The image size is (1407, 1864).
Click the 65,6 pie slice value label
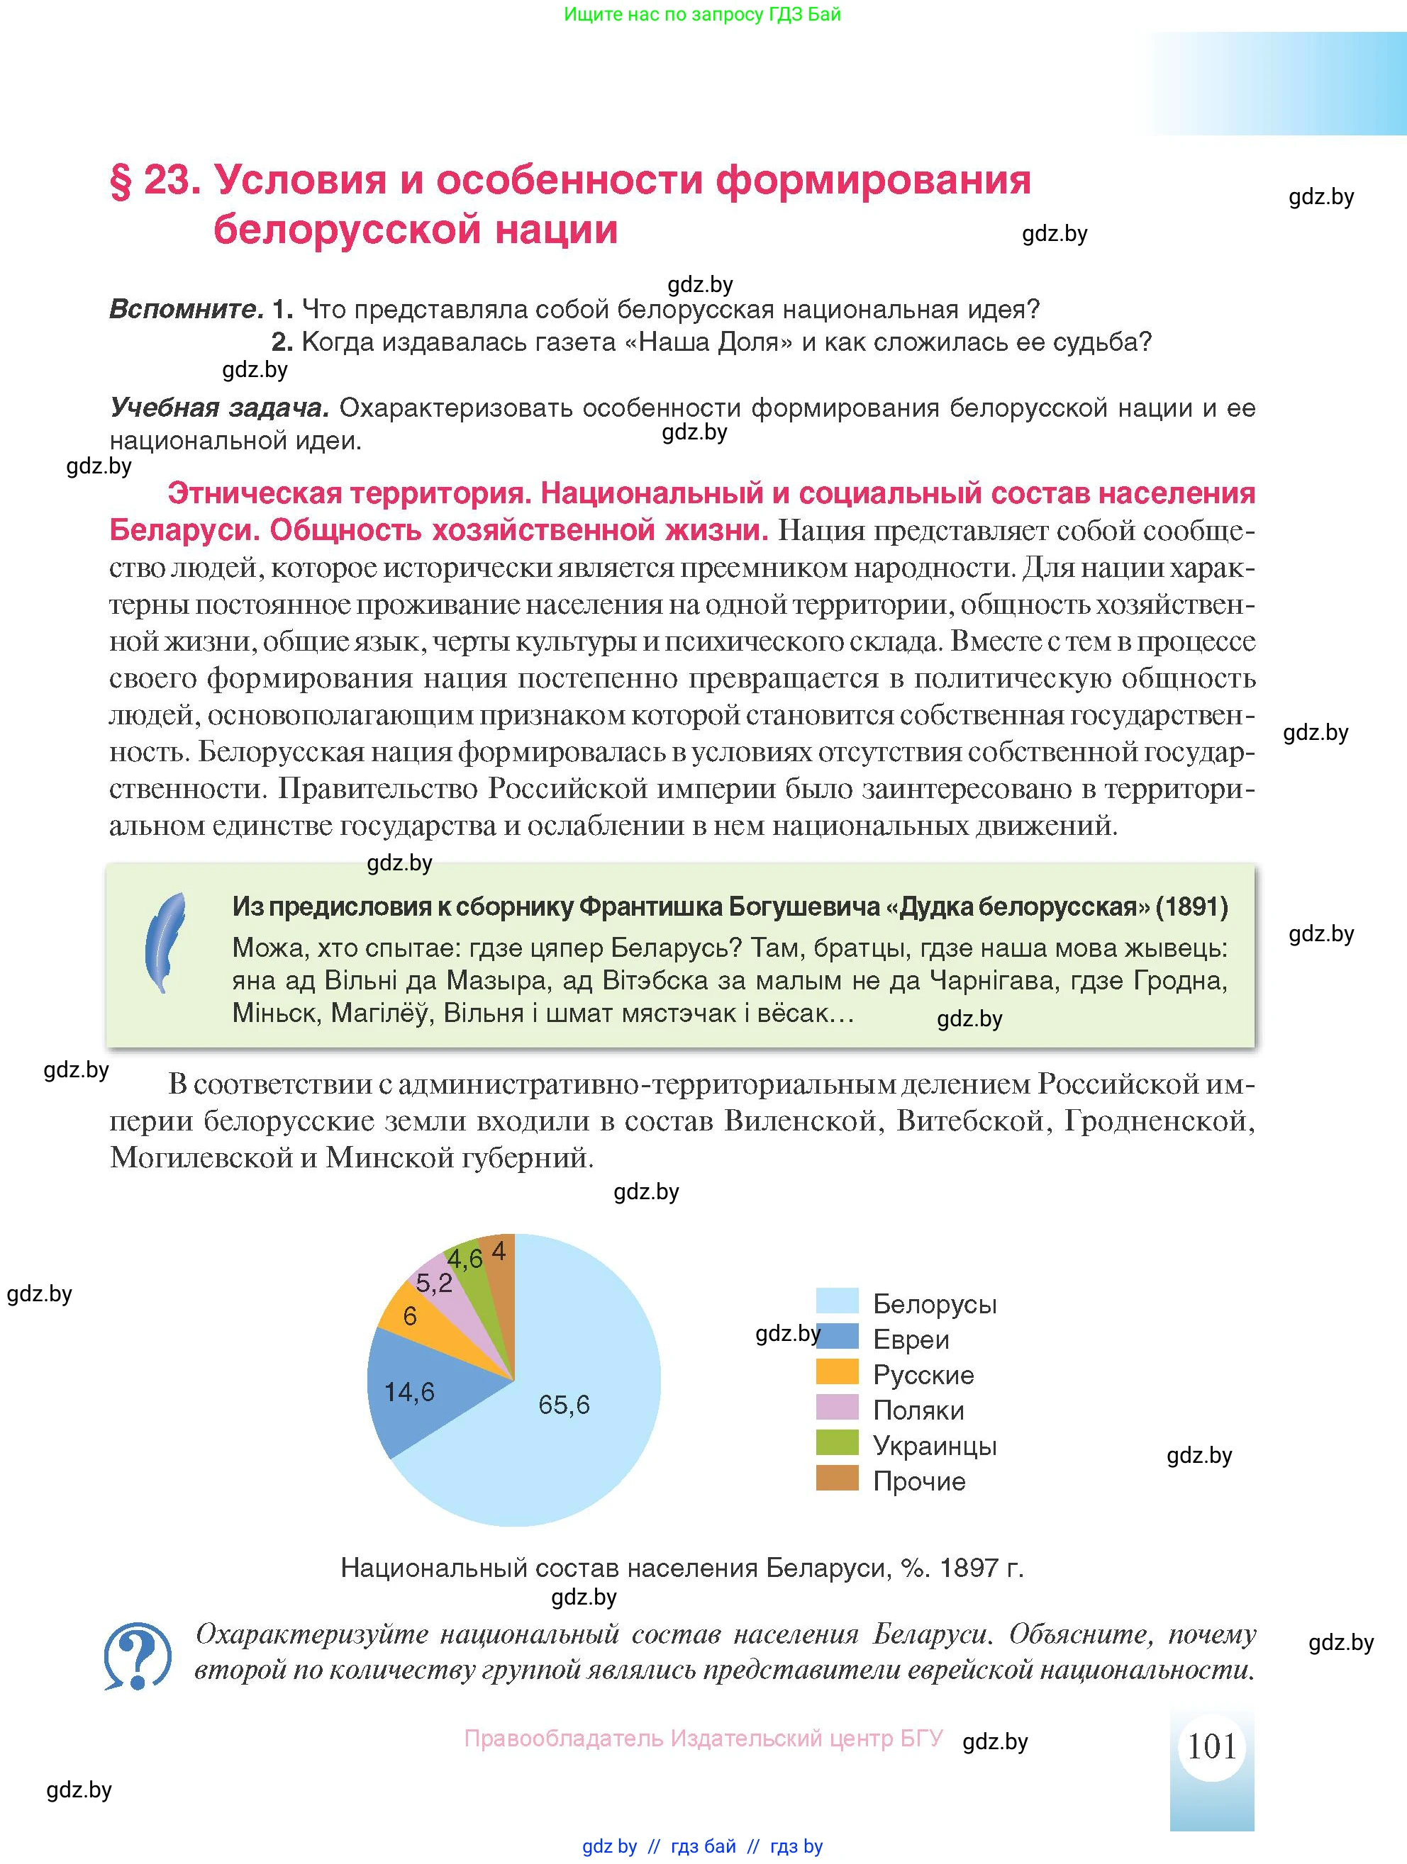click(x=564, y=1404)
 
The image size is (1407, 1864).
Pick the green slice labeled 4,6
click(x=466, y=1260)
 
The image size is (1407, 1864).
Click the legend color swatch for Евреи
click(x=836, y=1339)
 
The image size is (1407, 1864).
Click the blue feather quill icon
click(x=166, y=943)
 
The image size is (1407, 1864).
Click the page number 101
click(x=1211, y=1746)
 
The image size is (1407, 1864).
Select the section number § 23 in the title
click(x=155, y=179)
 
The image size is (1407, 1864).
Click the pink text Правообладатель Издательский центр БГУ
click(x=703, y=1739)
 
